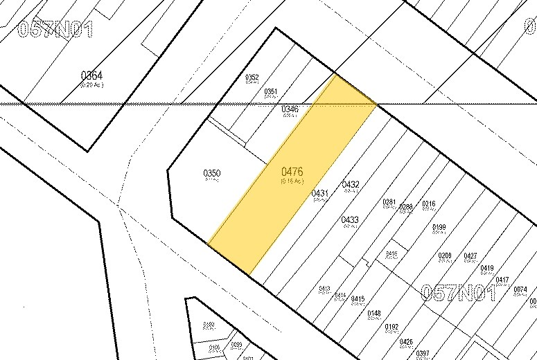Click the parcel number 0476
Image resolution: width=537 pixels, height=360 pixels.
click(292, 172)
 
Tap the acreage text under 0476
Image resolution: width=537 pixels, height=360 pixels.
click(292, 181)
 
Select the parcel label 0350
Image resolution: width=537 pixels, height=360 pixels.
click(211, 173)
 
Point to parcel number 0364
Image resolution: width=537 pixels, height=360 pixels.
click(91, 75)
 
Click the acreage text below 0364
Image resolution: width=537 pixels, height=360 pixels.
click(91, 84)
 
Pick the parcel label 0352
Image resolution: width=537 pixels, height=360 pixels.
click(252, 78)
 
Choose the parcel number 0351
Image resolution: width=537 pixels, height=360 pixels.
click(271, 91)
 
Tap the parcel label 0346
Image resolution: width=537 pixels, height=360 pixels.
click(290, 109)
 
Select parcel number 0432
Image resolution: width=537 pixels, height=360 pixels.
click(351, 185)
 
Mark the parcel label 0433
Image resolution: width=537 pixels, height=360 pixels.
click(350, 220)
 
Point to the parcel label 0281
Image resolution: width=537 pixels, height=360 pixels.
click(389, 202)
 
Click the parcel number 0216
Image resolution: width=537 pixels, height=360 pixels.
click(429, 204)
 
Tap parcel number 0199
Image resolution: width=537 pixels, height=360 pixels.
click(439, 227)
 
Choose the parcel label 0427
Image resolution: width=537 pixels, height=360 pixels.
click(470, 256)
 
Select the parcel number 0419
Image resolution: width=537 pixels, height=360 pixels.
click(487, 269)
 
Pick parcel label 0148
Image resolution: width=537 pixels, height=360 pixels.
click(374, 314)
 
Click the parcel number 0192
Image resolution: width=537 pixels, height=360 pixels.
click(391, 327)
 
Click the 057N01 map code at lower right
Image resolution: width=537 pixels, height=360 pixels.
click(459, 293)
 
